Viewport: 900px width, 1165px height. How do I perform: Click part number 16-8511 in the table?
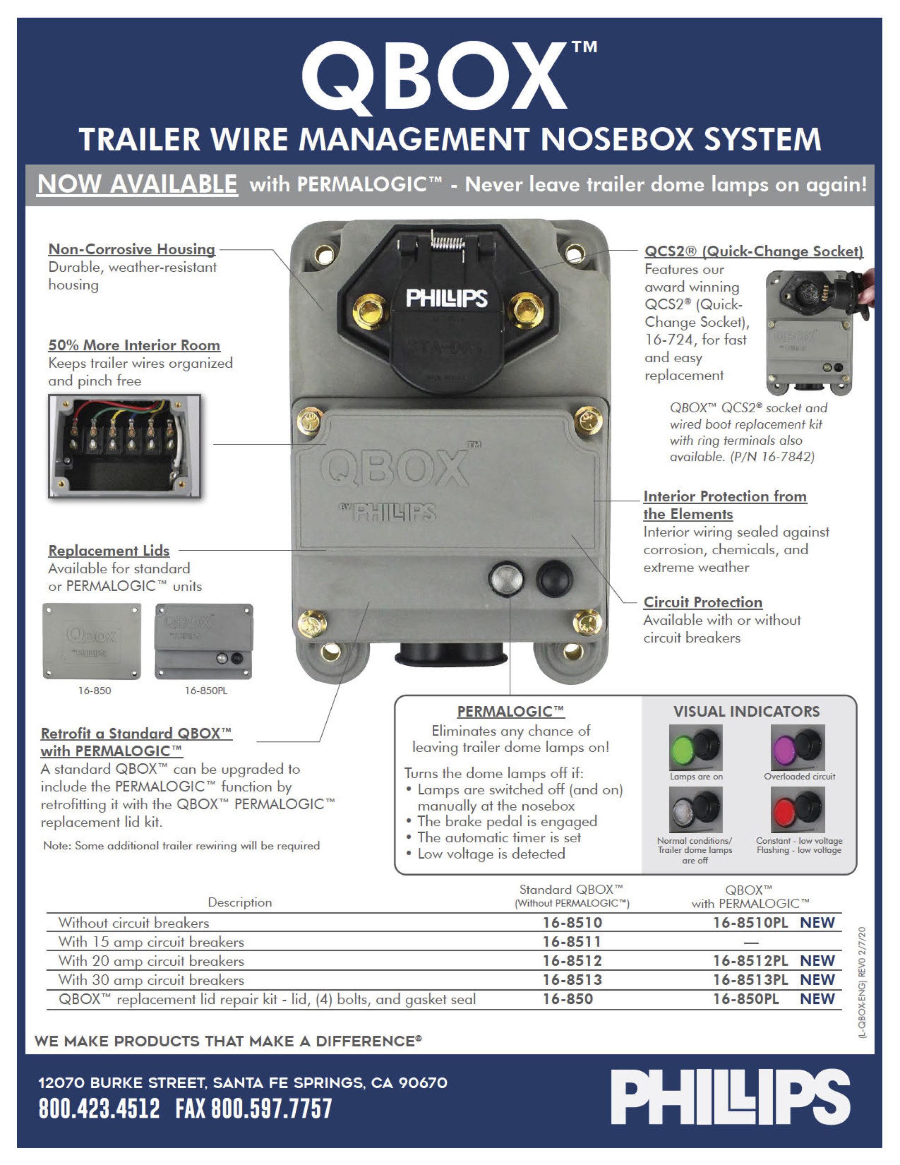(x=572, y=942)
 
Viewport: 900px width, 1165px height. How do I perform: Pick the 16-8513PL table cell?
(x=750, y=980)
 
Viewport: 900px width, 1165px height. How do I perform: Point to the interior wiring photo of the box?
(x=125, y=446)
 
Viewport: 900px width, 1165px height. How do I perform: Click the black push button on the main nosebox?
(x=554, y=579)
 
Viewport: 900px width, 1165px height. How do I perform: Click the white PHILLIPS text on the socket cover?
(x=446, y=298)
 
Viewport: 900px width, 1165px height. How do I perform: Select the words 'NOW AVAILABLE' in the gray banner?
(x=137, y=185)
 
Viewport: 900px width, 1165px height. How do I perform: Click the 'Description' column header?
(x=239, y=902)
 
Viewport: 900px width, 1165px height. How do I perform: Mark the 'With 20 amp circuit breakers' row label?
(x=151, y=961)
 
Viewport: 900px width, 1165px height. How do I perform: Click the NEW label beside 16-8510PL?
(x=817, y=923)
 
